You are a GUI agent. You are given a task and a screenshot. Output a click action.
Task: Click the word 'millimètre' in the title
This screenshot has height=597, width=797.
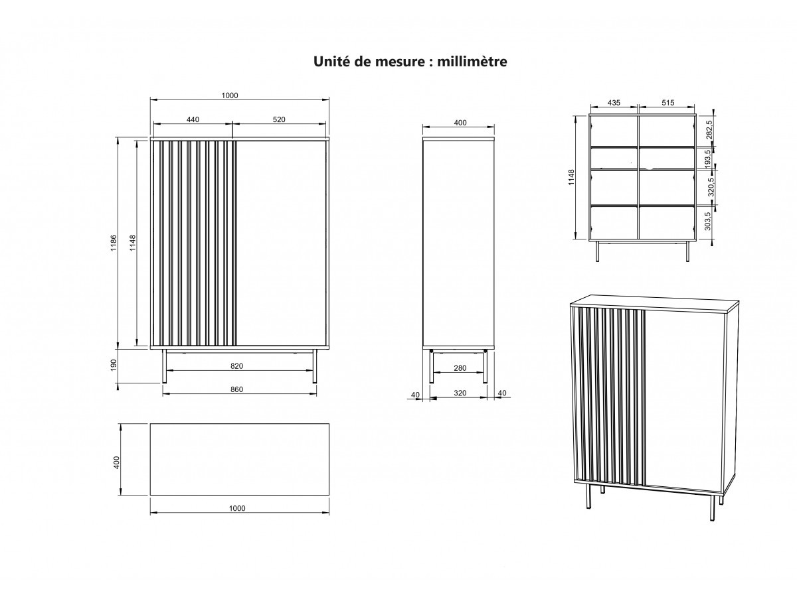coord(472,62)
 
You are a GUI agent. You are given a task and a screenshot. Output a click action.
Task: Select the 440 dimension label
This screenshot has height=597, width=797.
coord(193,120)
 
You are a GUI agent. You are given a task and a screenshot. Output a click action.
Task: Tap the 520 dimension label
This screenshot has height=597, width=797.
coord(279,120)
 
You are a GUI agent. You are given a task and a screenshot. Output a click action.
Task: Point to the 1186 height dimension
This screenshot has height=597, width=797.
coord(114,243)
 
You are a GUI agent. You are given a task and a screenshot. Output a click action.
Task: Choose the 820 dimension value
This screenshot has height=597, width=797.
coord(237,366)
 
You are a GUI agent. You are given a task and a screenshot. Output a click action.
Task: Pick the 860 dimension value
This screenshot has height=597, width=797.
coord(237,389)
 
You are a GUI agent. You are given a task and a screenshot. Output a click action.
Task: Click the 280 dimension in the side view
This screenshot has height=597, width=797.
coord(460,368)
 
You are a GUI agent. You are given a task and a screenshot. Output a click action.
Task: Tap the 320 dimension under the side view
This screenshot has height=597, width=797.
coord(460,393)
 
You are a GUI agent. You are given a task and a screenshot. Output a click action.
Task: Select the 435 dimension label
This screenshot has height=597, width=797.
coord(614,103)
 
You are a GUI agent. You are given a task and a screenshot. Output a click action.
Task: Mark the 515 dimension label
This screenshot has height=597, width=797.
coord(668,103)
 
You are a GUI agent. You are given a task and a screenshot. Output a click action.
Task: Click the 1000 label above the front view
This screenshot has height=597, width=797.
coord(229,96)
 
